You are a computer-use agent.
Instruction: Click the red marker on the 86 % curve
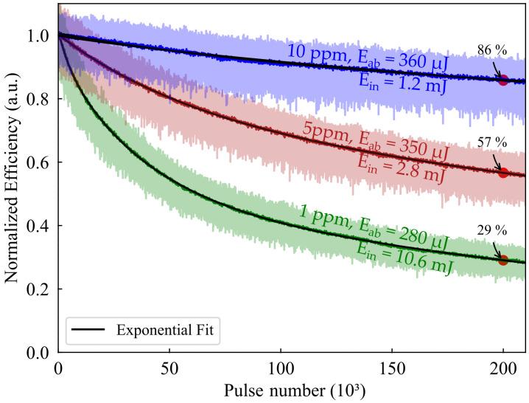[503, 80]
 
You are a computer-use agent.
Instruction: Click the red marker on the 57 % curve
[503, 172]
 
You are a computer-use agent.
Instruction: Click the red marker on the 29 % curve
[503, 260]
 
